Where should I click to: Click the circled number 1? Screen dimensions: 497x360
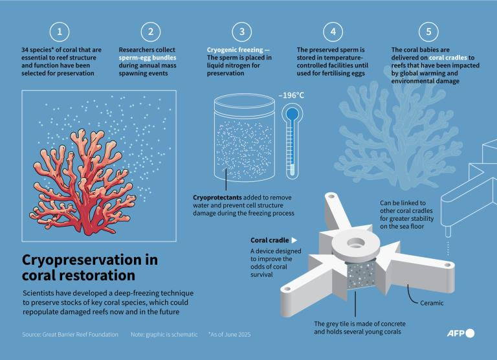pyautogui.click(x=60, y=32)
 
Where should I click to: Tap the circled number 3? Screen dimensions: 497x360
pyautogui.click(x=242, y=32)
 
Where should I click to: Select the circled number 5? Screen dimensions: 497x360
pyautogui.click(x=428, y=32)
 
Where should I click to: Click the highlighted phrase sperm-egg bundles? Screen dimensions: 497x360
pyautogui.click(x=148, y=58)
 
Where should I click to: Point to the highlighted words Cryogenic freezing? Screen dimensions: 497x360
pyautogui.click(x=235, y=50)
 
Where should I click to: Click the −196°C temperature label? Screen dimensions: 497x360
pyautogui.click(x=291, y=95)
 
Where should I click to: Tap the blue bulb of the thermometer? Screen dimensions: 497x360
pyautogui.click(x=293, y=113)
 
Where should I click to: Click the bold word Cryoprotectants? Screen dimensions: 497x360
pyautogui.click(x=217, y=197)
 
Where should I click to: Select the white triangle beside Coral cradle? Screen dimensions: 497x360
pyautogui.click(x=294, y=240)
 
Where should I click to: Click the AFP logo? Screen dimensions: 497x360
pyautogui.click(x=461, y=333)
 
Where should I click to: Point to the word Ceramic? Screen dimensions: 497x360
pyautogui.click(x=432, y=303)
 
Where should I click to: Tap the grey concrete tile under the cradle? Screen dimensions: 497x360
pyautogui.click(x=362, y=276)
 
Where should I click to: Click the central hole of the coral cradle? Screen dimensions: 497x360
pyautogui.click(x=356, y=243)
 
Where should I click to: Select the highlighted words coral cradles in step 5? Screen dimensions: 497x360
pyautogui.click(x=448, y=58)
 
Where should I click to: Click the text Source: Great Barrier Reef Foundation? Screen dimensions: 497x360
pyautogui.click(x=70, y=334)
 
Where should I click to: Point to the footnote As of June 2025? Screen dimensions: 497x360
pyautogui.click(x=230, y=334)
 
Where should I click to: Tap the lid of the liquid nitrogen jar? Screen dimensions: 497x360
pyautogui.click(x=245, y=102)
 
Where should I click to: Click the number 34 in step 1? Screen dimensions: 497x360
pyautogui.click(x=25, y=50)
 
